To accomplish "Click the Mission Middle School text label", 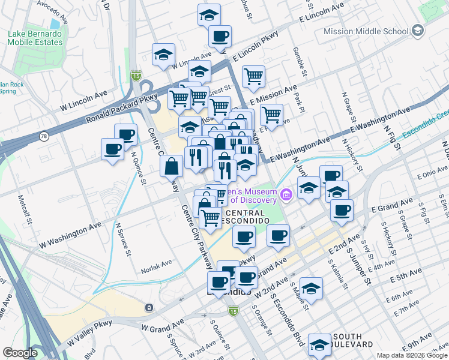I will [366, 31].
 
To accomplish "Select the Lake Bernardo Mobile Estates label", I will [35, 38].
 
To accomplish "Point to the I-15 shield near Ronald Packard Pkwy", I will [136, 76].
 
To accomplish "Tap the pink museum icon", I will [286, 194].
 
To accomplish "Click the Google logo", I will [20, 353].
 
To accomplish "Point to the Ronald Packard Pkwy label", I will [121, 109].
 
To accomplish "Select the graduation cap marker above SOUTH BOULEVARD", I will [319, 345].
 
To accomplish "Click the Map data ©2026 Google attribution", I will [411, 355].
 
